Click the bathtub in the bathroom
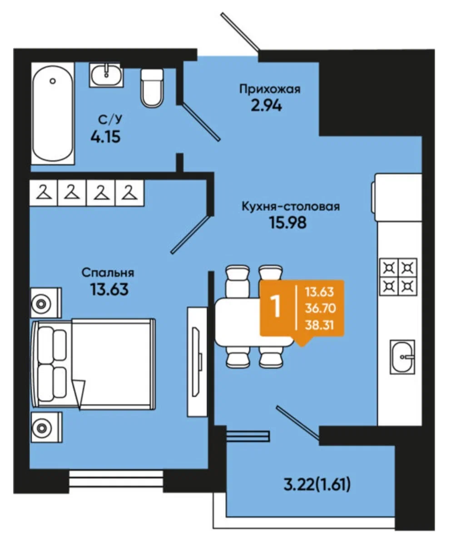click(52, 114)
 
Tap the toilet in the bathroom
click(152, 88)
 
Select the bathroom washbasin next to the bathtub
click(106, 75)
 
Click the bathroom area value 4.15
click(105, 137)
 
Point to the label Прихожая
click(270, 89)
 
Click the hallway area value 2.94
click(266, 105)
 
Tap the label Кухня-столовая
click(290, 206)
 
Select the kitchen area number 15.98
click(287, 223)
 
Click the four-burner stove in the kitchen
click(398, 277)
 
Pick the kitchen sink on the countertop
click(402, 357)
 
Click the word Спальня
click(108, 273)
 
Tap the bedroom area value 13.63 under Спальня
click(109, 289)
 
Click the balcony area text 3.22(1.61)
click(317, 485)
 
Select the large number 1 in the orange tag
click(276, 307)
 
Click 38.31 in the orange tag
click(319, 325)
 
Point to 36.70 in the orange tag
click(320, 308)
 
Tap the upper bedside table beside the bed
click(46, 303)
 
